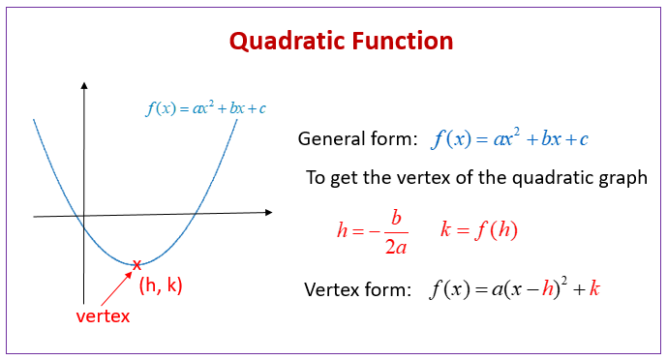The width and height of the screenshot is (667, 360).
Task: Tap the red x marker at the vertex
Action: pyautogui.click(x=136, y=264)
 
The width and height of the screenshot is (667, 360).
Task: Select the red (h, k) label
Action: pyautogui.click(x=161, y=285)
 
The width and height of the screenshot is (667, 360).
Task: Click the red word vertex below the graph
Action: pyautogui.click(x=103, y=315)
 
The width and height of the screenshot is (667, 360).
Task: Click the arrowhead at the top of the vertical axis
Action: pyautogui.click(x=84, y=88)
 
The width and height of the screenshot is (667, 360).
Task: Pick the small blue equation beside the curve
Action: pyautogui.click(x=205, y=108)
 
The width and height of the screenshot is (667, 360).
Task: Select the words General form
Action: pyautogui.click(x=356, y=138)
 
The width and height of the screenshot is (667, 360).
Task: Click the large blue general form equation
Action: pyautogui.click(x=510, y=138)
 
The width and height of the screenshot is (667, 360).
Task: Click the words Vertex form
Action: pyautogui.click(x=357, y=289)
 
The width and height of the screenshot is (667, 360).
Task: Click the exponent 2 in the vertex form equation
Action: pyautogui.click(x=560, y=281)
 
